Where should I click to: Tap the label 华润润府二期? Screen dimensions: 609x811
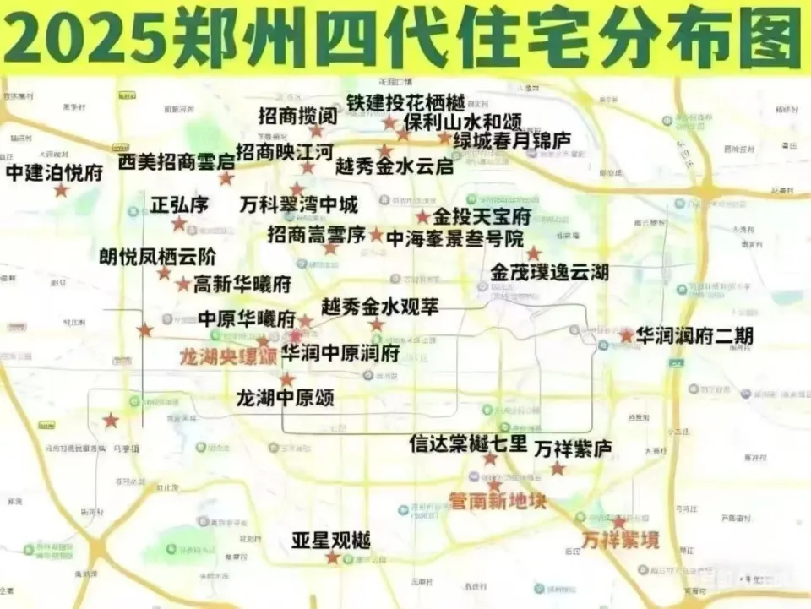[x=694, y=335]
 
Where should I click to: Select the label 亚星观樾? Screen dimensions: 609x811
[x=331, y=541]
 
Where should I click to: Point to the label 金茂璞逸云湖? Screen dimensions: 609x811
[x=549, y=273]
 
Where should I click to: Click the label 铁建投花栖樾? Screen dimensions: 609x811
[x=406, y=103]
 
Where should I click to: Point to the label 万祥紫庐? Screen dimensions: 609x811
[x=573, y=448]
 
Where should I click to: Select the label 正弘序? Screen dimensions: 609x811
[x=178, y=204]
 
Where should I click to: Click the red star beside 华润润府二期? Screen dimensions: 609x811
[x=626, y=335]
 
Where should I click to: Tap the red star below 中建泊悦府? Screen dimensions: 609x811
[x=61, y=191]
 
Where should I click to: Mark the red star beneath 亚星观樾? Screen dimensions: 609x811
[x=332, y=557]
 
